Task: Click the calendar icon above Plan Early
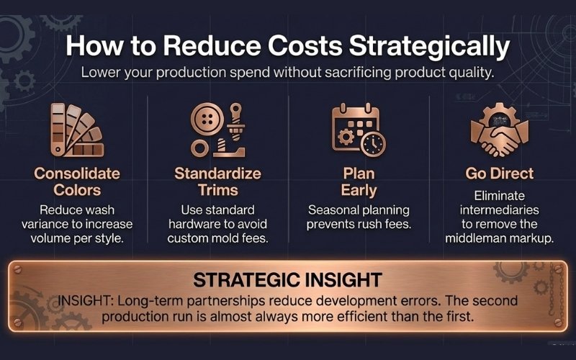pyautogui.click(x=354, y=129)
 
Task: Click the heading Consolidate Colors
pyautogui.click(x=76, y=182)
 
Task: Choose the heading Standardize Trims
pyautogui.click(x=217, y=182)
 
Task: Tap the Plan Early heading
pyautogui.click(x=359, y=182)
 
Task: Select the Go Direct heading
pyautogui.click(x=499, y=174)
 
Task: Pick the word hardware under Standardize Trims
pyautogui.click(x=199, y=225)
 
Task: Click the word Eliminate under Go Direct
pyautogui.click(x=500, y=196)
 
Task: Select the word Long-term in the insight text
pyautogui.click(x=168, y=298)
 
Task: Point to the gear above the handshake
pyautogui.click(x=500, y=115)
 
